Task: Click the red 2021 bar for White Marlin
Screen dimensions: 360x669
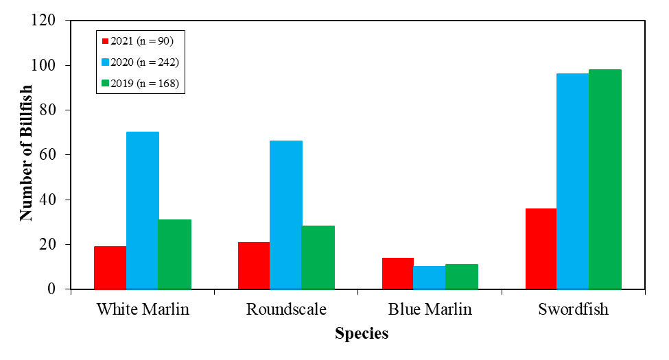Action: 110,267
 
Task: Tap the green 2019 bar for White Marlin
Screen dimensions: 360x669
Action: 174,254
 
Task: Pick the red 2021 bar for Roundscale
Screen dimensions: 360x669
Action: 253,265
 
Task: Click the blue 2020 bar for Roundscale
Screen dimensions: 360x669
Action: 285,215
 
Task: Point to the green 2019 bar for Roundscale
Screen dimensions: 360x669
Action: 318,257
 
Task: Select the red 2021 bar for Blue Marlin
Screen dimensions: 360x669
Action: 397,273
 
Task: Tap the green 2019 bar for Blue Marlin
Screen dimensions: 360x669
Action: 462,276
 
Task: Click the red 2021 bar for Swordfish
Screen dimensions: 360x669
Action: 541,248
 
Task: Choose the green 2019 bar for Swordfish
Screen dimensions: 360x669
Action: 605,179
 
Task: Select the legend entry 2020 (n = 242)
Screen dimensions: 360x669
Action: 141,62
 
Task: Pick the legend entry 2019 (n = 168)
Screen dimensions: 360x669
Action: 141,84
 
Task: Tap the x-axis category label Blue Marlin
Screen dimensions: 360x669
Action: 430,309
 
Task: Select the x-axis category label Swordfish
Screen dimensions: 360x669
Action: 574,309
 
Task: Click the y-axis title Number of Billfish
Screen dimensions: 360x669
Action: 26,154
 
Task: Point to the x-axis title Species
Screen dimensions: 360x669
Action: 362,334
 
